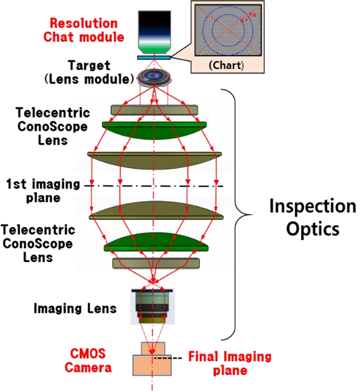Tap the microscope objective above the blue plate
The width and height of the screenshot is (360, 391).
click(154, 31)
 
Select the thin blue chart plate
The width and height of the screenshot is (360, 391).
click(154, 57)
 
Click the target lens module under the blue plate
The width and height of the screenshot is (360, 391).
click(154, 77)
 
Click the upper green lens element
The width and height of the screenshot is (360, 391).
click(154, 128)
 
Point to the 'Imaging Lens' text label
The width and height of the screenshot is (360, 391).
click(76, 309)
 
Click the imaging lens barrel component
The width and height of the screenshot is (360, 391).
click(153, 306)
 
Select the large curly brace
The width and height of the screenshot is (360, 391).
click(243, 214)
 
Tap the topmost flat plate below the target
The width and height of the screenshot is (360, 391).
click(154, 110)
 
